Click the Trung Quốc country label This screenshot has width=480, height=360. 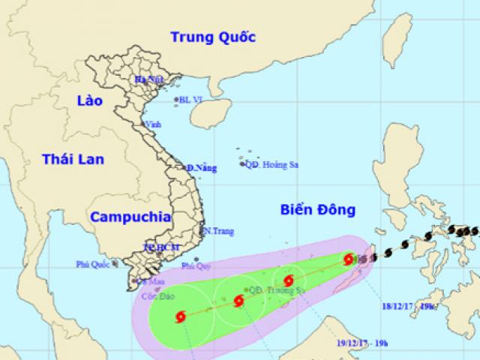tap(213, 37)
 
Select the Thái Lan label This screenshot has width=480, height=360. tap(73, 158)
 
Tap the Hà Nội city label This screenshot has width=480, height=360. tap(149, 79)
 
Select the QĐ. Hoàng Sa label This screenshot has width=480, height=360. tap(273, 164)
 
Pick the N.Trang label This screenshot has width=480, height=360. tap(217, 232)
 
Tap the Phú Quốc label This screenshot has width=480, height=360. tap(92, 264)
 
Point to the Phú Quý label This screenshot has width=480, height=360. tap(197, 265)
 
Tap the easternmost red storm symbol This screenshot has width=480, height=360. tap(348, 259)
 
